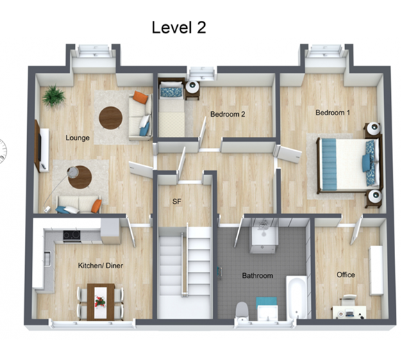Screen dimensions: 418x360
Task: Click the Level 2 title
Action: click(179, 28)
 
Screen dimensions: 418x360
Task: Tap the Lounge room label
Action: click(78, 138)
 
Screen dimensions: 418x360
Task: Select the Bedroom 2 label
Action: click(228, 114)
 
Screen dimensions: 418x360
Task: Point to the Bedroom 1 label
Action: click(333, 113)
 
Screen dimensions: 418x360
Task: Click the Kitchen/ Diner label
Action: click(101, 265)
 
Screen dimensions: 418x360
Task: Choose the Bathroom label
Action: click(258, 276)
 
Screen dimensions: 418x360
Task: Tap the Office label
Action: click(346, 275)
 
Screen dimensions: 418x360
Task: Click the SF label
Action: click(177, 202)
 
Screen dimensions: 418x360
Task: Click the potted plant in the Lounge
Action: click(54, 95)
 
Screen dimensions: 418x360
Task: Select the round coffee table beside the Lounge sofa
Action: click(110, 118)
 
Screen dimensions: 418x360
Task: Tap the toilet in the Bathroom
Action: click(242, 311)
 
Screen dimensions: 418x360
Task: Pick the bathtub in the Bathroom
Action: click(296, 297)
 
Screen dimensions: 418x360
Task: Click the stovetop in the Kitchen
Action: click(72, 236)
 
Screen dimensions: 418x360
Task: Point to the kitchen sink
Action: click(47, 259)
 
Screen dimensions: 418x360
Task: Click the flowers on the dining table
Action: click(100, 302)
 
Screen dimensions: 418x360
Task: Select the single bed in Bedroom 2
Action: click(172, 109)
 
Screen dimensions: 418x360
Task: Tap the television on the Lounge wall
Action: click(38, 146)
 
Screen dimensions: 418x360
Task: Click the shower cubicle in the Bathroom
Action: click(264, 236)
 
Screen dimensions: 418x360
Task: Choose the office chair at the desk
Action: click(349, 300)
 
